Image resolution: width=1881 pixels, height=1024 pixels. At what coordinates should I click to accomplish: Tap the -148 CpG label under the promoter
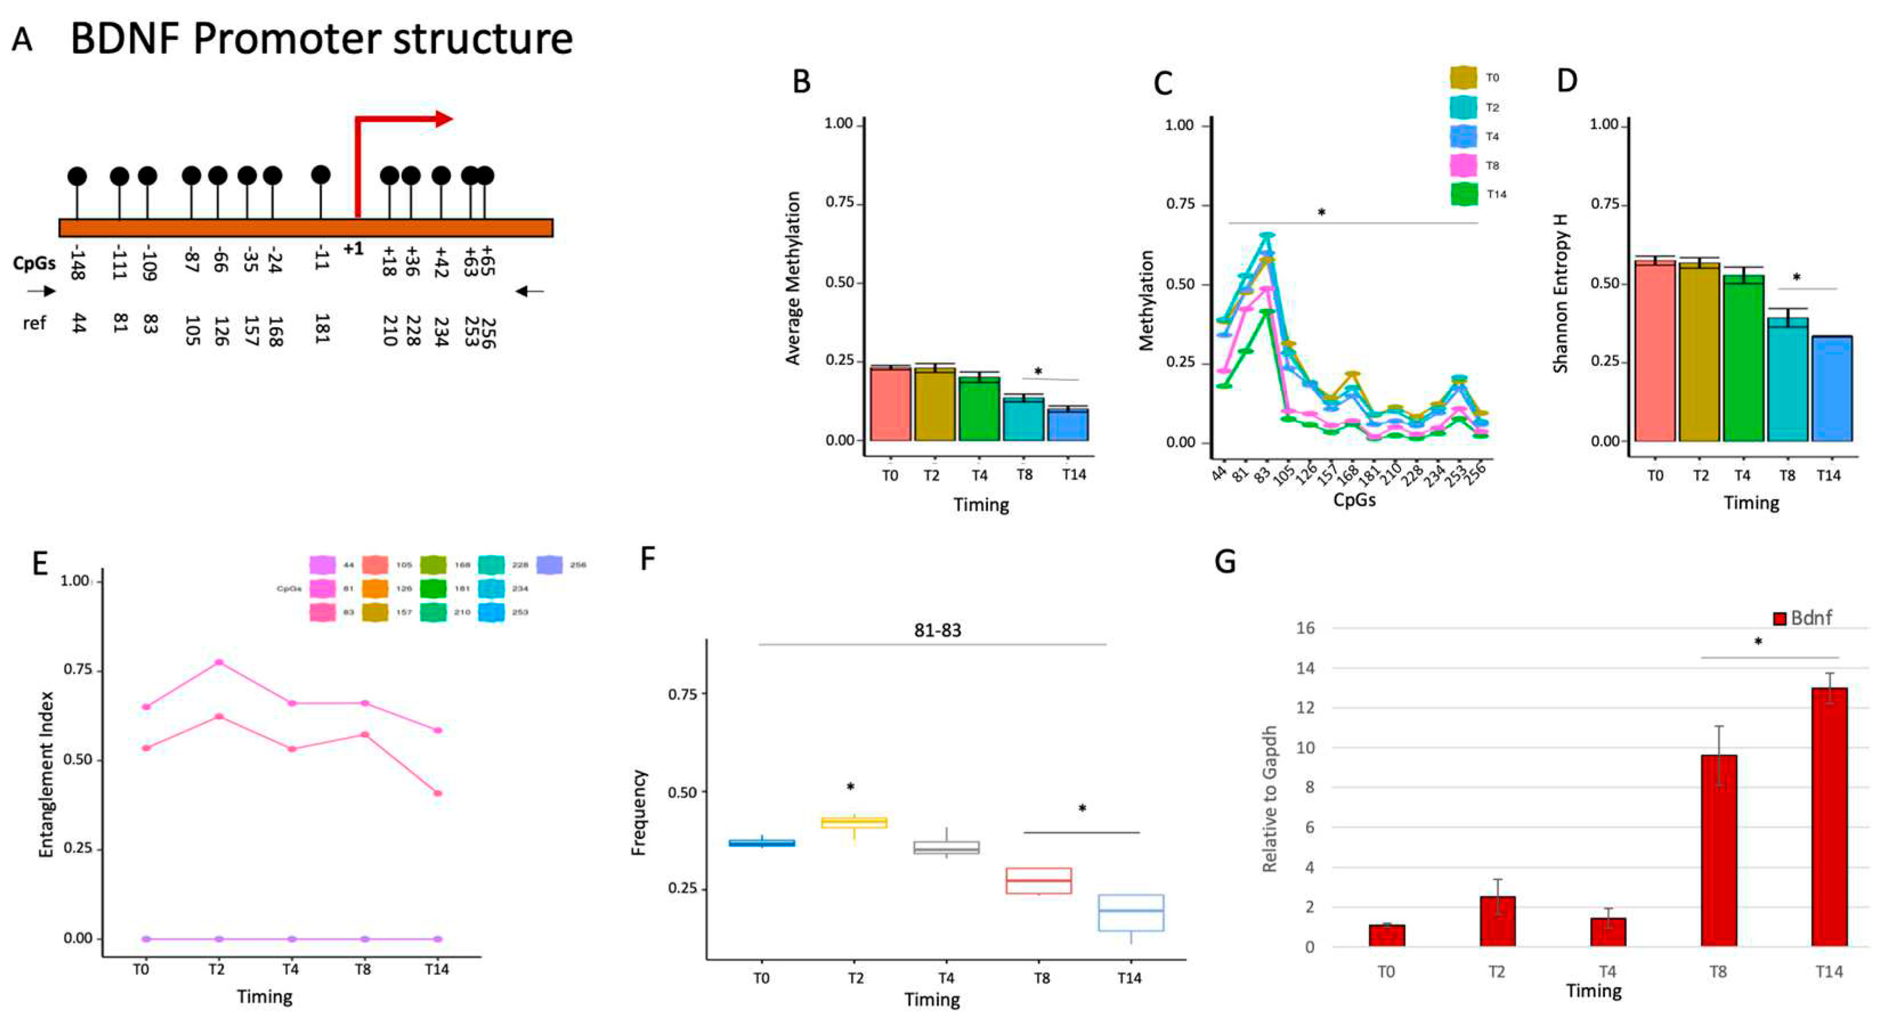(78, 263)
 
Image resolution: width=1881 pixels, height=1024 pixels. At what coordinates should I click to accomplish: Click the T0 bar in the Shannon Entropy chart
(1655, 352)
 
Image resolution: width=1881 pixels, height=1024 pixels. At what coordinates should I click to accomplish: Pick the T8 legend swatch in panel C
(1462, 166)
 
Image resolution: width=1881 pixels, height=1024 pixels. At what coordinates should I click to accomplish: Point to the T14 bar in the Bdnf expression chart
(1829, 818)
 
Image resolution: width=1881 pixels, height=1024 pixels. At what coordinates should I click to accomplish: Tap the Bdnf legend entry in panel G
(1802, 618)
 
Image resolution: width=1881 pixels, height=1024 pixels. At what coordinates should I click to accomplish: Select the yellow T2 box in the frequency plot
(854, 822)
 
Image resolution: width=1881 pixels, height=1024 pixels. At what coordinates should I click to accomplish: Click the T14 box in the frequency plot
(1131, 912)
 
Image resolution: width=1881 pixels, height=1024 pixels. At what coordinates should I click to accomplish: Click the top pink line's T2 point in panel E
(218, 662)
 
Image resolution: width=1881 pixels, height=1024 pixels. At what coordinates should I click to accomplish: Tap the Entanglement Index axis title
(46, 774)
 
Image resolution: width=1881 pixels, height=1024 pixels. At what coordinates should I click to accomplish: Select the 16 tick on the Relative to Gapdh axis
(1305, 628)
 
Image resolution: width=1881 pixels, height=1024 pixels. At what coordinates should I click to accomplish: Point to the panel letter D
(1566, 81)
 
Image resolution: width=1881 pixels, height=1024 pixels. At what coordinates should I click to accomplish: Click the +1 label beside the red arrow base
(354, 249)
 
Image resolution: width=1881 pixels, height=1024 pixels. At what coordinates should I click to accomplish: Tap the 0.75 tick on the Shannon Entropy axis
(1606, 203)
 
